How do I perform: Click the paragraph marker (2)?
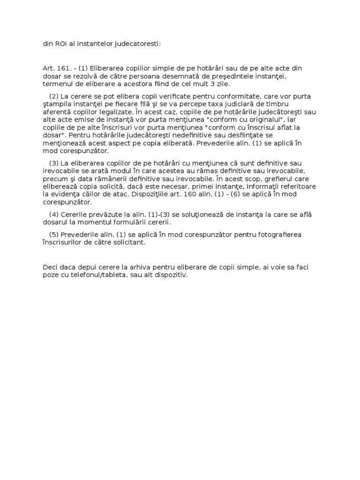(x=54, y=96)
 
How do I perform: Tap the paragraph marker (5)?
(x=54, y=235)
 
